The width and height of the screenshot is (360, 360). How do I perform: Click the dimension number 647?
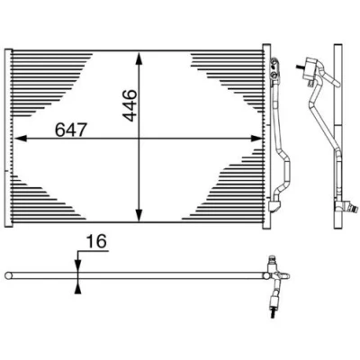point(71,130)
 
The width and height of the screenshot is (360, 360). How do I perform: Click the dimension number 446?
point(130,105)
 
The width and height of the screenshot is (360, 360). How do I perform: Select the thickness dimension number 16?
point(96,242)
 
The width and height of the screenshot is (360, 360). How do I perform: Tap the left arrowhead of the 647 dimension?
point(21,139)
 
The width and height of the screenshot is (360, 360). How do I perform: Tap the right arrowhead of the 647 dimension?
point(256,139)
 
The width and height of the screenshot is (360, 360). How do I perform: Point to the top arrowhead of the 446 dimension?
point(139,58)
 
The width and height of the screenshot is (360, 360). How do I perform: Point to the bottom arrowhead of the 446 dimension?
point(139,215)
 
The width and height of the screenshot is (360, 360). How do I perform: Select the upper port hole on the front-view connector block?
point(273,64)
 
